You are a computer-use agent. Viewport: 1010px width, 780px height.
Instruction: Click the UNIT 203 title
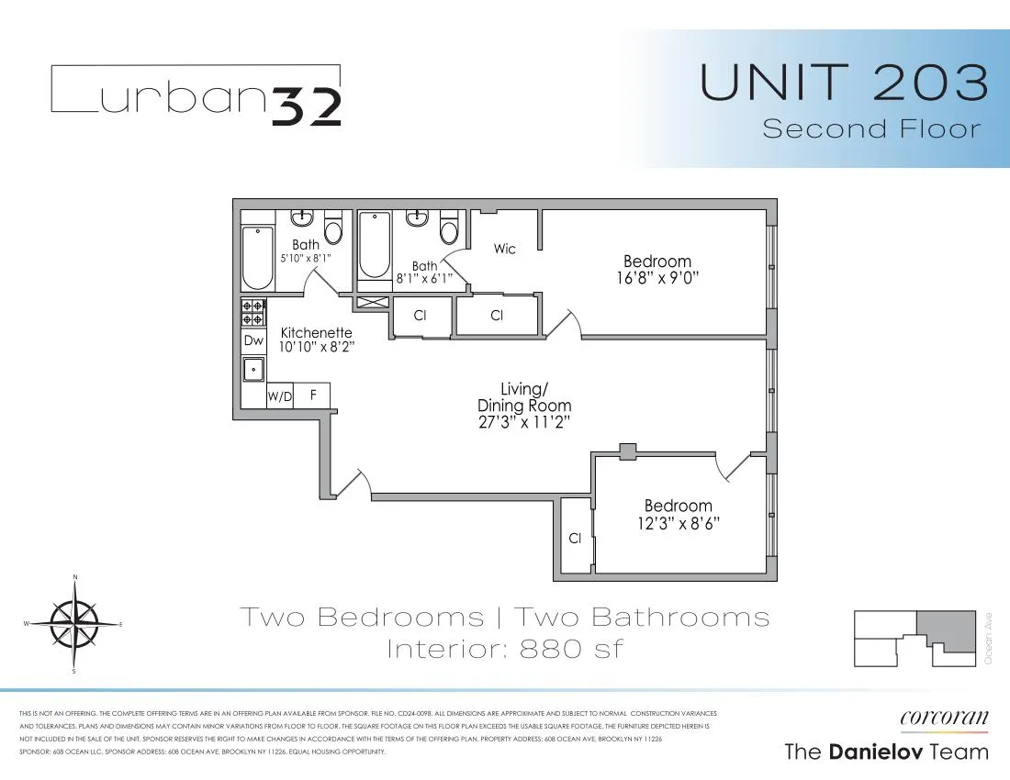click(844, 84)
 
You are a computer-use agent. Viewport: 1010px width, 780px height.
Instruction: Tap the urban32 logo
click(196, 95)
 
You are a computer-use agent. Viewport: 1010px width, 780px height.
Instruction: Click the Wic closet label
click(505, 249)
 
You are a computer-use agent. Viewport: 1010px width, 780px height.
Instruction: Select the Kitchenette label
click(317, 333)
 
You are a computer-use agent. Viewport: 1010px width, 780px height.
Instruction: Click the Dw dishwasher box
click(253, 340)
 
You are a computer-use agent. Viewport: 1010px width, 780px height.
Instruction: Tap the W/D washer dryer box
click(279, 396)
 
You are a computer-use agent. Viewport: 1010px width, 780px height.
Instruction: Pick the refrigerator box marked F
click(312, 396)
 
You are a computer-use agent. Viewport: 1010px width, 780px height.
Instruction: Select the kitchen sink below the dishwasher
click(253, 369)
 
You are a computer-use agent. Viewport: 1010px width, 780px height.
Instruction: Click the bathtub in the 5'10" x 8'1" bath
click(257, 258)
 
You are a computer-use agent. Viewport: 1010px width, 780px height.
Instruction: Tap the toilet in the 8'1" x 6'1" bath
click(449, 227)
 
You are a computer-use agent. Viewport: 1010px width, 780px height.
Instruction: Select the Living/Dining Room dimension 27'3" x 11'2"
click(524, 422)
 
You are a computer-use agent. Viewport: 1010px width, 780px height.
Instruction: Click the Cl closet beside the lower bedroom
click(575, 538)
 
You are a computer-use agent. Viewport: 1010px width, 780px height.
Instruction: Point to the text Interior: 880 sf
click(504, 649)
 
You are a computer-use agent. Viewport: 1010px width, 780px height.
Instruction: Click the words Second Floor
click(871, 128)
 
